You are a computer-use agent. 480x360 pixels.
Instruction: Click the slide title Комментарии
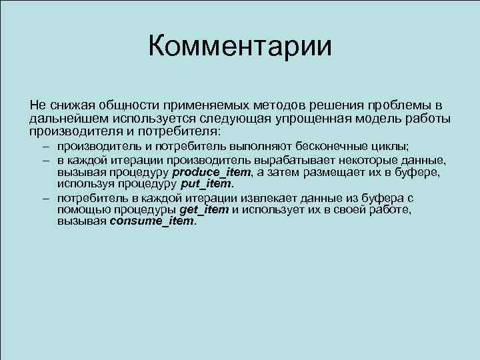pos(239,47)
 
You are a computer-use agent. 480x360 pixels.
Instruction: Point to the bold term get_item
pos(204,210)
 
